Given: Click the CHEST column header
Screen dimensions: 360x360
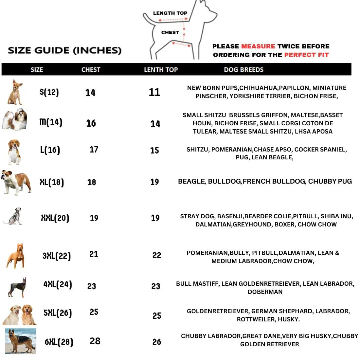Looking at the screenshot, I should point(91,70).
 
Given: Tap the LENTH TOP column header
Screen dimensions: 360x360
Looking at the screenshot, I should point(161,70).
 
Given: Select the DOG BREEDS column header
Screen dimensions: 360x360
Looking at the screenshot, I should point(244,70).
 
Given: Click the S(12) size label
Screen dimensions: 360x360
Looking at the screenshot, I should point(49,92).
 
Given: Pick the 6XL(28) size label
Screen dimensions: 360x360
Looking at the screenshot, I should point(59,342).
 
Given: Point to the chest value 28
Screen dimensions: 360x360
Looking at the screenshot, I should point(95,341).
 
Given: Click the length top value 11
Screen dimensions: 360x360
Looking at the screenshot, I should point(154,92).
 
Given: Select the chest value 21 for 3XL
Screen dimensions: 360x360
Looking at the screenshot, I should point(94,254).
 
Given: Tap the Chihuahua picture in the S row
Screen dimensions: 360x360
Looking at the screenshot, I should point(15,92).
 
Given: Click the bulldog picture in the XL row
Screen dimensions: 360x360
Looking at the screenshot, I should point(16,182).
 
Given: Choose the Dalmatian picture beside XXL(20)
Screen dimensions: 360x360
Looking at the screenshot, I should point(13,216).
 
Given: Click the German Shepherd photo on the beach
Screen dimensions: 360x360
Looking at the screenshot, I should point(20,341).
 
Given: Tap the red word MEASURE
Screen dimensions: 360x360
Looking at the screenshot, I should point(258,46).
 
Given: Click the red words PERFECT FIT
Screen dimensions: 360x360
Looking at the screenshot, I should point(306,55).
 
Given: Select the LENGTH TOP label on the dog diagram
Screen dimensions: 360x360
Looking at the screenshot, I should point(170,13).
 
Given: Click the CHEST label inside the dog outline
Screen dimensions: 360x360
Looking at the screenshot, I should point(170,32).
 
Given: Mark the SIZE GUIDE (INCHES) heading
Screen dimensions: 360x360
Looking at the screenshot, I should point(65,50).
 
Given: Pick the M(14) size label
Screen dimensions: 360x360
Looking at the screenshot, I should point(51,122).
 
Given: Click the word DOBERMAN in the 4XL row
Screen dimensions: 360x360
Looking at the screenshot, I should point(265,292).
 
